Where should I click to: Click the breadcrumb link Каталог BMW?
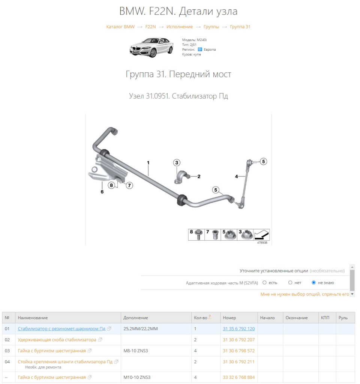120,27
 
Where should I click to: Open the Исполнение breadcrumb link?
179,27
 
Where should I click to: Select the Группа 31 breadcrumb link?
240,27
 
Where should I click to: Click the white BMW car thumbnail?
151,47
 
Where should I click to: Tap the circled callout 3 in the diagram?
177,163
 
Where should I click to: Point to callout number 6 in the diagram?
102,191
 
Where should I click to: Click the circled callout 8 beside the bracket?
111,185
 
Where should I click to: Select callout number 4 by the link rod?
236,176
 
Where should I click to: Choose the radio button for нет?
290,283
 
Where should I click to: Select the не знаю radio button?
314,283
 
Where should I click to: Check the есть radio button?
265,283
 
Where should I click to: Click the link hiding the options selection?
304,294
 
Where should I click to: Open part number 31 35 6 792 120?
238,329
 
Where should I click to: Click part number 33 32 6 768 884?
238,377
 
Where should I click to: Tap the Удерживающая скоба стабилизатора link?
57,340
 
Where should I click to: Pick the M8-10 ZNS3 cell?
137,351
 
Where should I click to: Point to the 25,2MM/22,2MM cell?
141,329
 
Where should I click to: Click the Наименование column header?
33,318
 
